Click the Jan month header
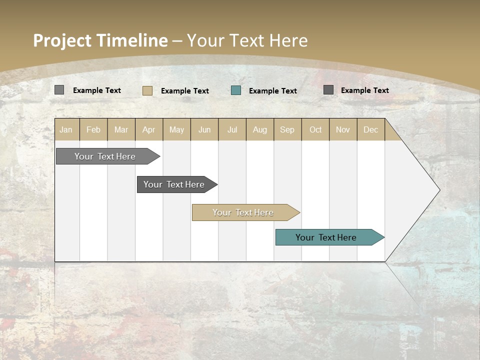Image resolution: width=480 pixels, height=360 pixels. (66, 129)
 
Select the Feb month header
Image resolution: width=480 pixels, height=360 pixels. (93, 129)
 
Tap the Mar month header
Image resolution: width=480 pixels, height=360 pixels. (121, 129)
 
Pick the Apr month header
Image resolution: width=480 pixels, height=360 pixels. (149, 129)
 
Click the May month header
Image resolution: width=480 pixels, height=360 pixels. (176, 129)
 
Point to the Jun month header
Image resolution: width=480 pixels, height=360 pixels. (204, 129)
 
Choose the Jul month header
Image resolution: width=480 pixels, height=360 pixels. (232, 129)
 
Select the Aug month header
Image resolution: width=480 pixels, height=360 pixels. (260, 129)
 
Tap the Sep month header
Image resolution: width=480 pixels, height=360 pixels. (287, 129)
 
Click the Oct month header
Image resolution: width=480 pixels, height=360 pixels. (315, 129)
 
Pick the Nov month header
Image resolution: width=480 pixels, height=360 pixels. (343, 129)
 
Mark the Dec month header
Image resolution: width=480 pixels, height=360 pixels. (371, 129)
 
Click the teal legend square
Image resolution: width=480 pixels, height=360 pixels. (236, 90)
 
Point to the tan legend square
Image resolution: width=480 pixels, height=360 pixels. (147, 90)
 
